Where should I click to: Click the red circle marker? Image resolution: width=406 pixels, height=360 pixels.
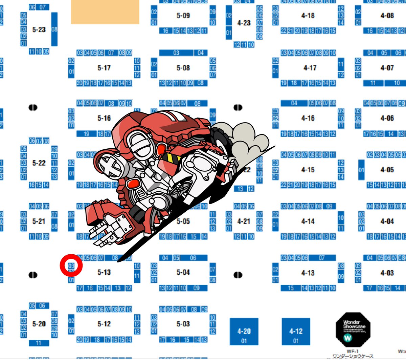click(71, 266)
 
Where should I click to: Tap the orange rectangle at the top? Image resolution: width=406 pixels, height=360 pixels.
click(105, 12)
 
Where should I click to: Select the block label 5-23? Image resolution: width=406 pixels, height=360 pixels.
click(39, 29)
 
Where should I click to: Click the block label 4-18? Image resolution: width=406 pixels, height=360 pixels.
click(308, 16)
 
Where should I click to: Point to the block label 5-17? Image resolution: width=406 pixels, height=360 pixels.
click(104, 68)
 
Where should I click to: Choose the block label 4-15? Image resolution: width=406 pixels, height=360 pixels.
click(308, 170)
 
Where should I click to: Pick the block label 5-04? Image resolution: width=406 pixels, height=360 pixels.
click(183, 272)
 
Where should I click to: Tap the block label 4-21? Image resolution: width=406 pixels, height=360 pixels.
click(244, 221)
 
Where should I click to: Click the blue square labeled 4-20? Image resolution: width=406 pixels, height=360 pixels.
click(244, 331)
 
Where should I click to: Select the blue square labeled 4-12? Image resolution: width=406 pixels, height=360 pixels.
click(296, 331)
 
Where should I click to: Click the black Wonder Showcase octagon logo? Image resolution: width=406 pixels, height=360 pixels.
click(353, 330)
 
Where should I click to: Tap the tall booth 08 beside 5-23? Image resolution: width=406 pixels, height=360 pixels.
click(54, 29)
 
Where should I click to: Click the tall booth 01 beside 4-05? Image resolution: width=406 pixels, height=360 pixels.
click(361, 170)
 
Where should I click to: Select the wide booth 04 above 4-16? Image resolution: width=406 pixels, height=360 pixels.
click(294, 103)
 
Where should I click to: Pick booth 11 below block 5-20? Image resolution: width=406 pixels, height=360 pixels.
click(39, 343)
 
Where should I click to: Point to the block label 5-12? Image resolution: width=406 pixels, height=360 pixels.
click(104, 324)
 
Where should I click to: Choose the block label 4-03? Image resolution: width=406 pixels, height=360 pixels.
click(387, 273)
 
